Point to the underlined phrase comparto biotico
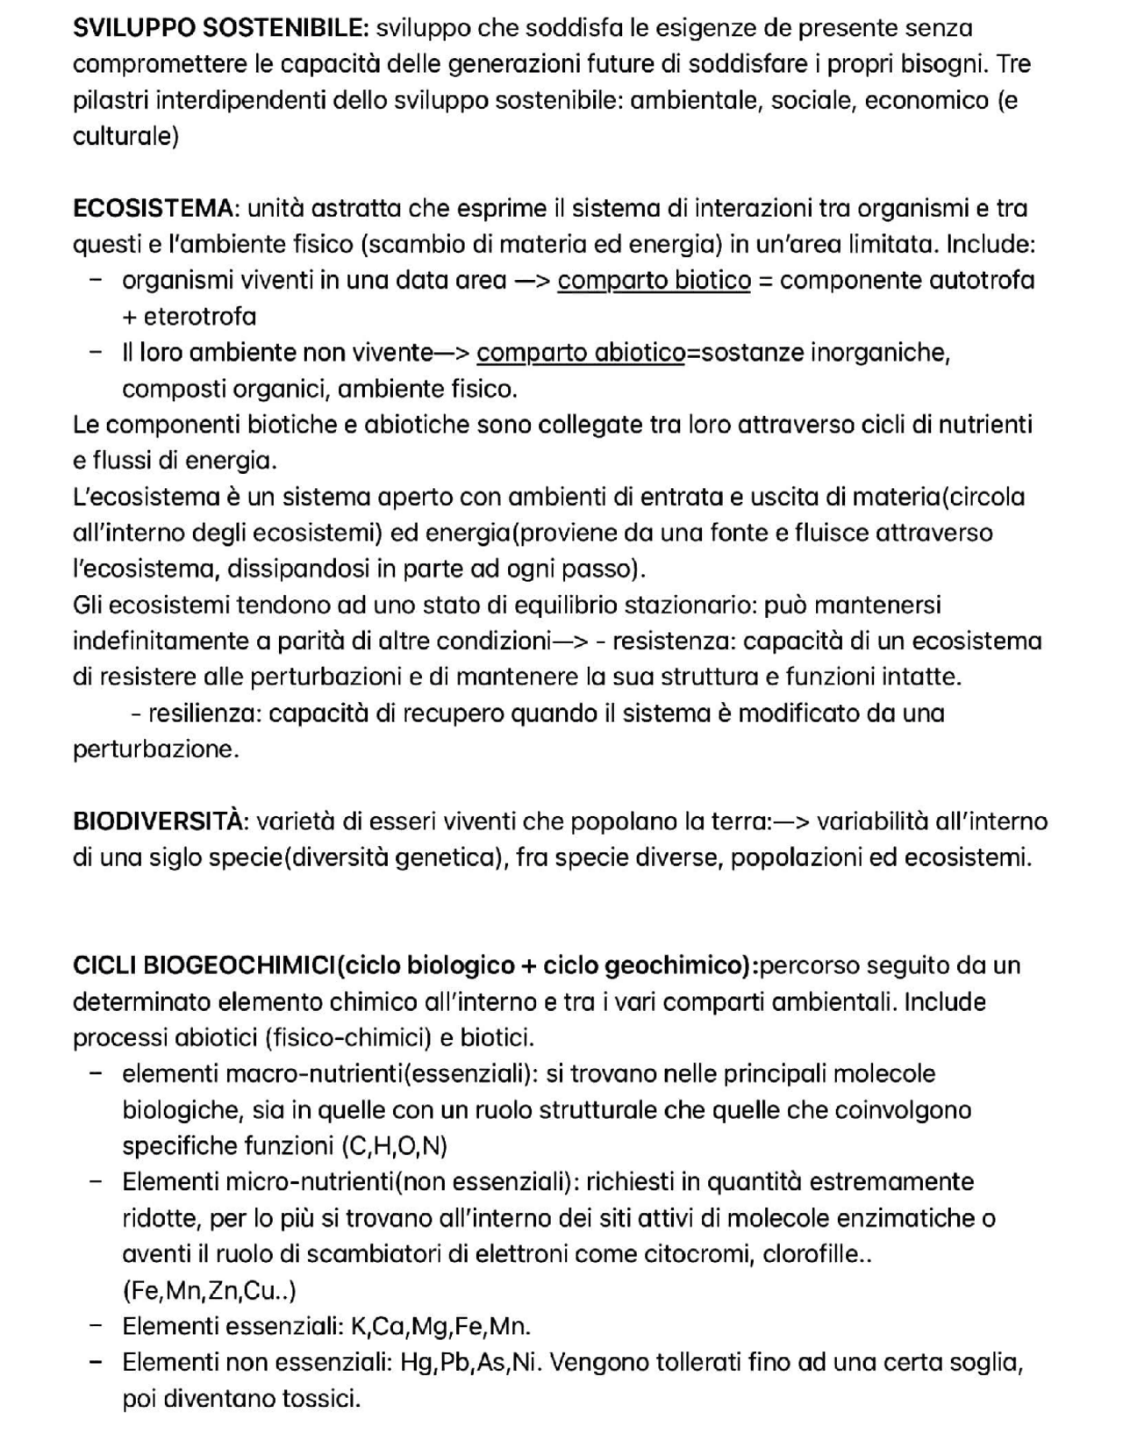point(654,281)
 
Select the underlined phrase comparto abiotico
point(581,353)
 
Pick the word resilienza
point(204,713)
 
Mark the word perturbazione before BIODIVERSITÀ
point(154,749)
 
